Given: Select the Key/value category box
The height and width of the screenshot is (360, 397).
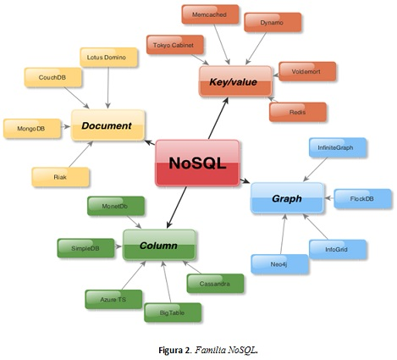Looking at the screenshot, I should (x=234, y=81).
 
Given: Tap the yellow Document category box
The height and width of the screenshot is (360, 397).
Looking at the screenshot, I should (x=107, y=125).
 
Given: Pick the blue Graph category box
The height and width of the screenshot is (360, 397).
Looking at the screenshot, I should (x=286, y=198).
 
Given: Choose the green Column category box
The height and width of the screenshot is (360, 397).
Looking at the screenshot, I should (x=158, y=245).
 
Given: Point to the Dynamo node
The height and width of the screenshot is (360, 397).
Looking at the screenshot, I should (x=272, y=23).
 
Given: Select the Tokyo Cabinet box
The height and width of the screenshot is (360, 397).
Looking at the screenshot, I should (x=174, y=46).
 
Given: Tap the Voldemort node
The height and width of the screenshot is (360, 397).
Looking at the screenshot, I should (x=307, y=71).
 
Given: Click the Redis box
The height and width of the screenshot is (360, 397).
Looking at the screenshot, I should (x=297, y=112).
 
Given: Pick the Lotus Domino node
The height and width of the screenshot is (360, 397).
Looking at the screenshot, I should (x=107, y=58).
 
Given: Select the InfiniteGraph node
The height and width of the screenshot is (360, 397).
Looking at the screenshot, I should (x=336, y=147).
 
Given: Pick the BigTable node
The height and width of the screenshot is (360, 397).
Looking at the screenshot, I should (x=172, y=313).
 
